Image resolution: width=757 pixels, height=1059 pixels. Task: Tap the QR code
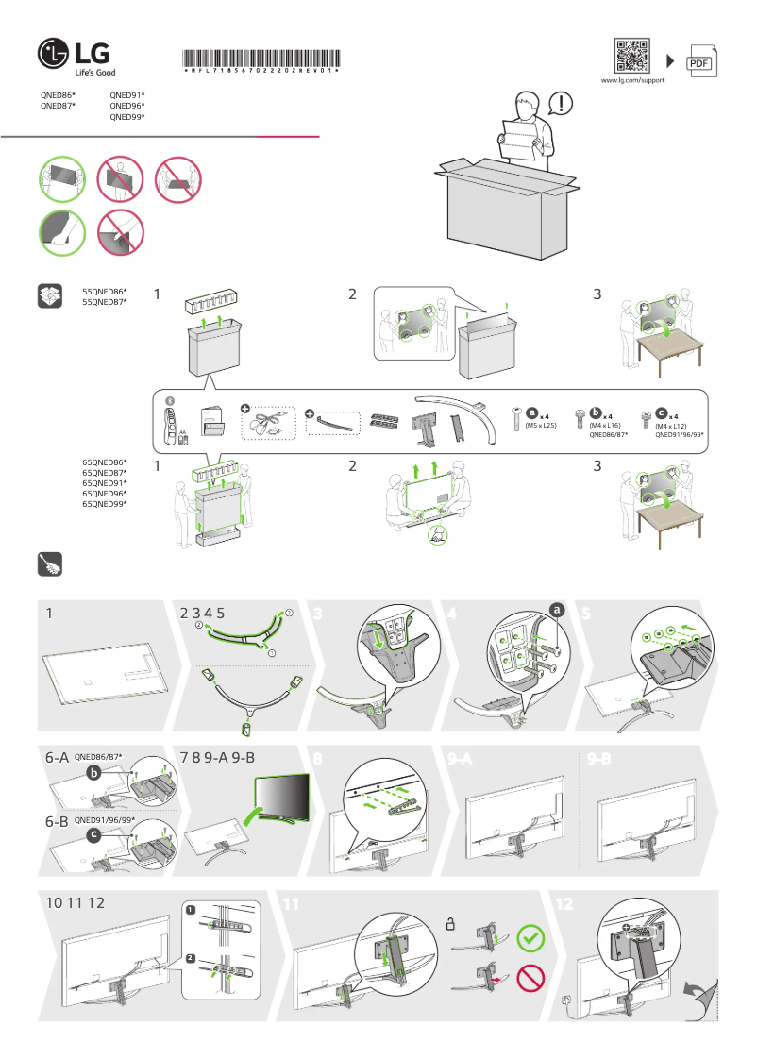(631, 56)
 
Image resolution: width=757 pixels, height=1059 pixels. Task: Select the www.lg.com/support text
(632, 81)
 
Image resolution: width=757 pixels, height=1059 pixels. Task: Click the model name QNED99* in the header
(127, 118)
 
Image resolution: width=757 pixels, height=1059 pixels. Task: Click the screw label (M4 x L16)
(601, 427)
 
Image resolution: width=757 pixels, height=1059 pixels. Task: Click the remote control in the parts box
(172, 422)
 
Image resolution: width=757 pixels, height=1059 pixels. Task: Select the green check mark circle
(532, 938)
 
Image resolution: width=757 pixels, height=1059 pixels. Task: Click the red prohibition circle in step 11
(532, 978)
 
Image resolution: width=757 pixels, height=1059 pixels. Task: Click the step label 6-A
(57, 758)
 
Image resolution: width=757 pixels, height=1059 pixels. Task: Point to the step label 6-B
(57, 822)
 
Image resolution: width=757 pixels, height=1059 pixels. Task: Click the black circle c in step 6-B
(94, 835)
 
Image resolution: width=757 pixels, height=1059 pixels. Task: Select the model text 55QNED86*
(105, 292)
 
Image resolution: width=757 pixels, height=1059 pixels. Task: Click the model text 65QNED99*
(105, 504)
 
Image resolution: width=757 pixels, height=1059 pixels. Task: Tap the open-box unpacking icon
(49, 295)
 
